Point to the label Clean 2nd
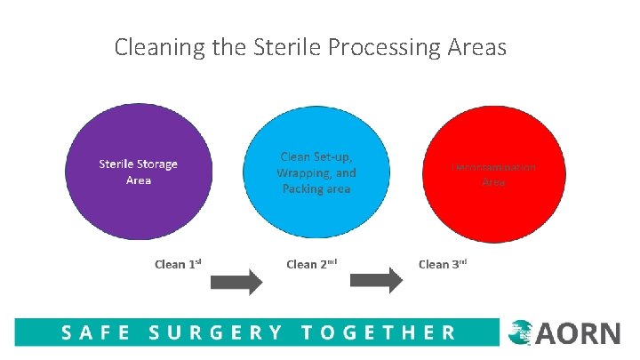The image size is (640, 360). tap(310, 264)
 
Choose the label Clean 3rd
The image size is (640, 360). tap(443, 264)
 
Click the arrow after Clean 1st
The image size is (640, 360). tap(236, 283)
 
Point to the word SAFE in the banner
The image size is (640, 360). tap(95, 333)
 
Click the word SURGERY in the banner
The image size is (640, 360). tap(215, 333)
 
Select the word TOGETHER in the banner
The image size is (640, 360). tap(378, 333)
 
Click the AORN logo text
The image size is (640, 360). tap(578, 333)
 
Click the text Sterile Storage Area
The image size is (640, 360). tap(138, 172)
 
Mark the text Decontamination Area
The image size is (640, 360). tap(494, 173)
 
